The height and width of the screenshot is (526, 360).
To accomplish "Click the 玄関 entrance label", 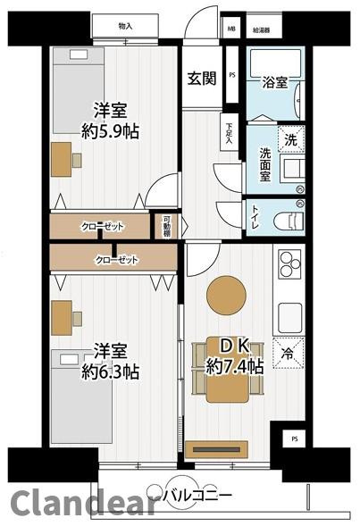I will (201, 78).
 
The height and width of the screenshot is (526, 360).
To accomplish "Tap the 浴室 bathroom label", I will (275, 83).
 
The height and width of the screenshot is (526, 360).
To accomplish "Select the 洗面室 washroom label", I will (265, 164).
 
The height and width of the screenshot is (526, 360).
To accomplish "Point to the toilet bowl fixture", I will (287, 217).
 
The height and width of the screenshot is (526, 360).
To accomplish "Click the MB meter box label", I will (231, 28).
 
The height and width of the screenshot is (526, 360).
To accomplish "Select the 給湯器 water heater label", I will (262, 28).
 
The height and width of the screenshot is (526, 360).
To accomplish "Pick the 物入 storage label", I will (126, 28).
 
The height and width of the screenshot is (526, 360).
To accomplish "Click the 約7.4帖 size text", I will (235, 366).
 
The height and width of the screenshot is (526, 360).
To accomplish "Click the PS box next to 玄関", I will (231, 75).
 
